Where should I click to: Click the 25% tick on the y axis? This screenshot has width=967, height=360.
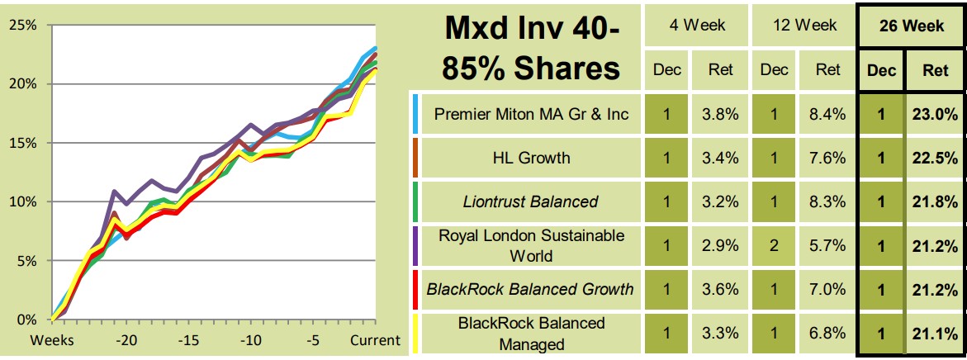click(x=22, y=25)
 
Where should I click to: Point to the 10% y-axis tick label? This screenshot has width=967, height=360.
click(x=22, y=201)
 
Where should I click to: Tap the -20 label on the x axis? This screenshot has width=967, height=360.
click(x=126, y=340)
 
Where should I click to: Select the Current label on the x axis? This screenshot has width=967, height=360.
click(x=376, y=340)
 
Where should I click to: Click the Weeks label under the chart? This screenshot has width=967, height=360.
click(x=52, y=340)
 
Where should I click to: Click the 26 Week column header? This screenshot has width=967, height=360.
click(x=911, y=26)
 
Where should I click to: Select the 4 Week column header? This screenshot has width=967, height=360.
click(x=697, y=26)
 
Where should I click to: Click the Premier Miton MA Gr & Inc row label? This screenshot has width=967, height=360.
click(x=533, y=114)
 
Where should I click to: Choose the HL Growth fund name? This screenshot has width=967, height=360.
click(x=533, y=157)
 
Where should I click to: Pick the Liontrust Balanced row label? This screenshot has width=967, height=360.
click(x=533, y=201)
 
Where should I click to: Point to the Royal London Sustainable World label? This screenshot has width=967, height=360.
click(x=533, y=245)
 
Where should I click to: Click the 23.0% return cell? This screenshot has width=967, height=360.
click(x=935, y=115)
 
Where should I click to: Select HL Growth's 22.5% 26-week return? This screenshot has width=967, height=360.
click(x=935, y=158)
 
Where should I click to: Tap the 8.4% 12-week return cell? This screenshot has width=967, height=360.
click(x=827, y=115)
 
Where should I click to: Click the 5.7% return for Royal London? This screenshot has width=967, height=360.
click(x=827, y=245)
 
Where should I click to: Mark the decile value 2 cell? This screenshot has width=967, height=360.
click(x=774, y=245)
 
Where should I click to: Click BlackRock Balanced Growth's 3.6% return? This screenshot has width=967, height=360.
click(x=721, y=289)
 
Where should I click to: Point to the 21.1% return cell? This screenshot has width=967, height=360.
click(x=935, y=334)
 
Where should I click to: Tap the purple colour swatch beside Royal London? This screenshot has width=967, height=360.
click(x=415, y=245)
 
